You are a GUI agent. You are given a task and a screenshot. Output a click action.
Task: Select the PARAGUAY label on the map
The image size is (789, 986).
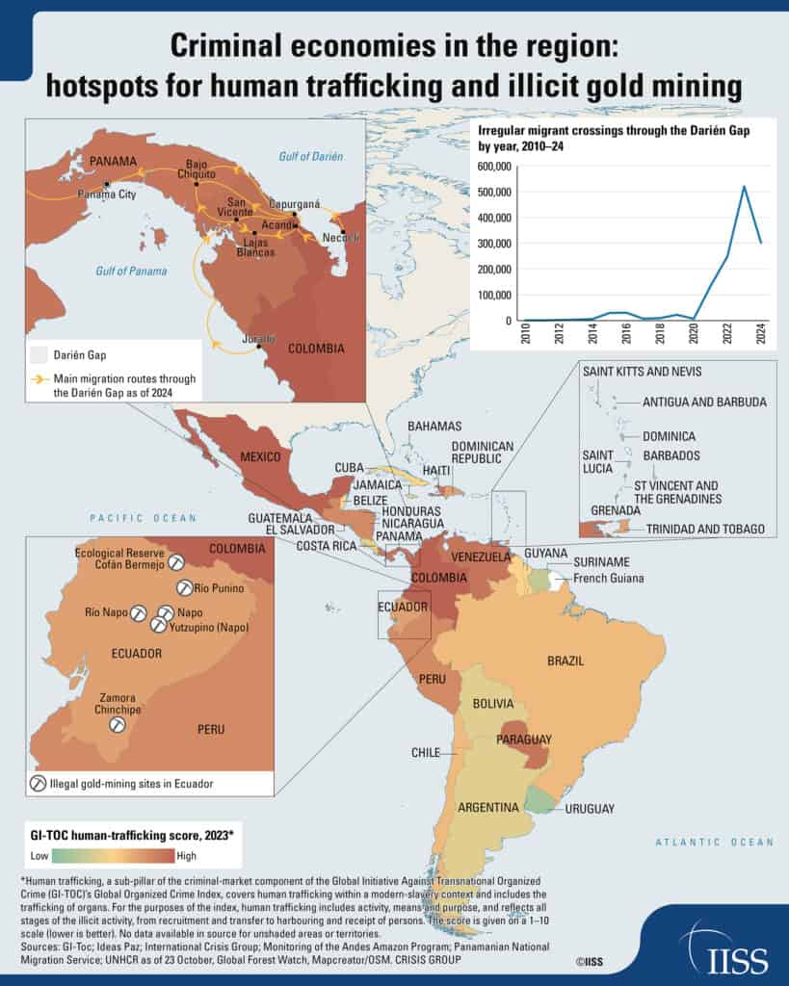(523, 739)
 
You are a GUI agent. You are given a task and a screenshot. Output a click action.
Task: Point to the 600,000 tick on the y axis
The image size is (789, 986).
(493, 167)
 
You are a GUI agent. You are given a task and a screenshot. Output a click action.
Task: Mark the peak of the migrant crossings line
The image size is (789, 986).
(744, 186)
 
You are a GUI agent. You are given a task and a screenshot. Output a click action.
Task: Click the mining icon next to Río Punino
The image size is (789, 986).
(184, 587)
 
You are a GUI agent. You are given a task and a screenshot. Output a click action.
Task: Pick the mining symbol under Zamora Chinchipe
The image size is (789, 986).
(117, 724)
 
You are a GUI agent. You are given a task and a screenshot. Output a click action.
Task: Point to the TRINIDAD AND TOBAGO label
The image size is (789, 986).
(705, 529)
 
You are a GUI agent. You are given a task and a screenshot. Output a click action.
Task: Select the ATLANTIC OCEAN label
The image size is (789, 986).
(713, 842)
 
